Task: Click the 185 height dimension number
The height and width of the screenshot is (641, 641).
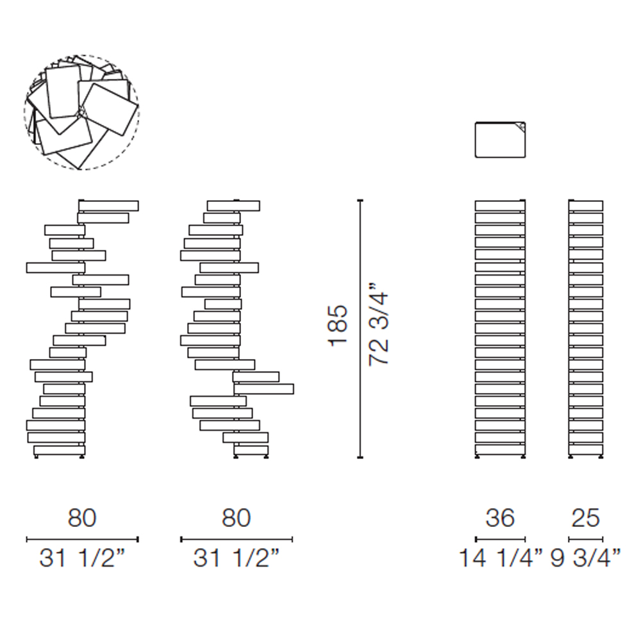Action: (338, 326)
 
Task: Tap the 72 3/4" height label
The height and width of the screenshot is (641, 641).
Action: (378, 323)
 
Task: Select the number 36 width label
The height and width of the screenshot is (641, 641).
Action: (500, 518)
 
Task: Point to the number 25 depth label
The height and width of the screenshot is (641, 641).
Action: (586, 518)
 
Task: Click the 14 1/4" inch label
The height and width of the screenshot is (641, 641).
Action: (501, 558)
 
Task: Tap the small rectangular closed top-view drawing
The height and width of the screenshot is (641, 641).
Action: (500, 140)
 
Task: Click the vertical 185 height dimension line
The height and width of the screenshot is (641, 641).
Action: (360, 329)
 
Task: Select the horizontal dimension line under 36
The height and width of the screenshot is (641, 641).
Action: (500, 540)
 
